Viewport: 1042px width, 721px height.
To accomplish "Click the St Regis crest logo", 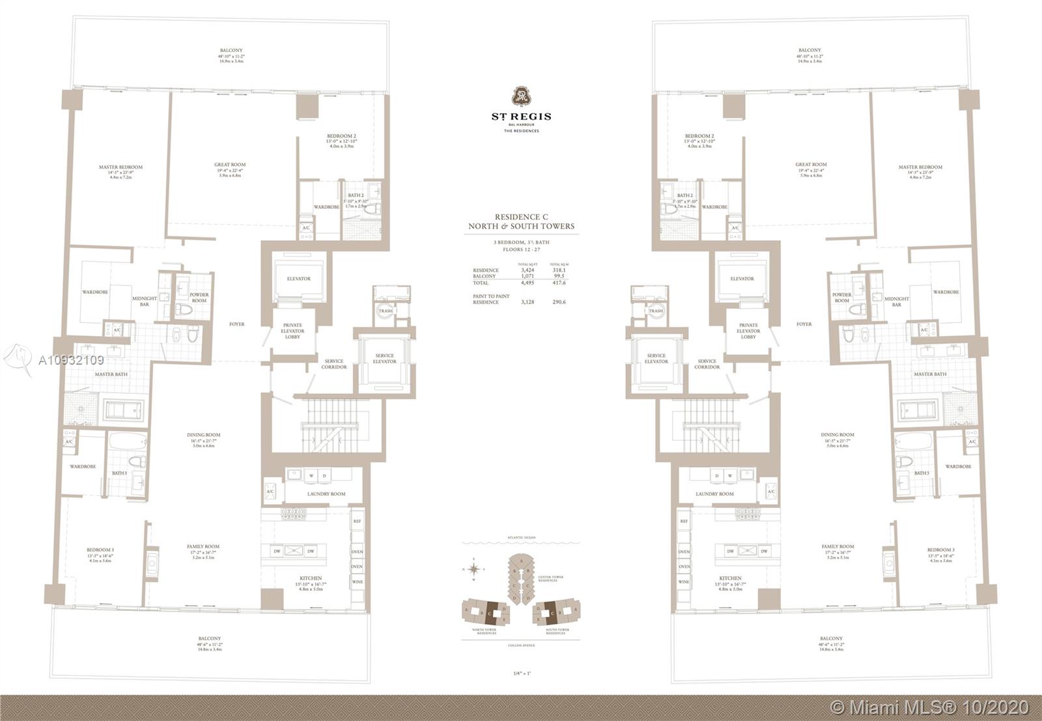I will [x=521, y=96].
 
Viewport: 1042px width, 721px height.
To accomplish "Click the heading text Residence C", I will [x=521, y=217].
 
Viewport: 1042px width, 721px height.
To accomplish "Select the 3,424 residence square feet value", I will [x=528, y=270].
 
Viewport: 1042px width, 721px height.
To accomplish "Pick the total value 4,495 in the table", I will [x=528, y=283].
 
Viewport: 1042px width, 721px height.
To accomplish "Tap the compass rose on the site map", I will [x=475, y=570].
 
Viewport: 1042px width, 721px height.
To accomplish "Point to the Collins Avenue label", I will [x=521, y=645].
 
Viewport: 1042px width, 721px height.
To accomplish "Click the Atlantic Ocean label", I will [x=521, y=537].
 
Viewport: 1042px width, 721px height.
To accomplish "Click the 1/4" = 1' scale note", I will [x=521, y=673].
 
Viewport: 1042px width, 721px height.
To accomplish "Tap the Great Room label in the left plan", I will [x=230, y=165].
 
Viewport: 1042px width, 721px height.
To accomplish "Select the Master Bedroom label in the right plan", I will [x=920, y=167].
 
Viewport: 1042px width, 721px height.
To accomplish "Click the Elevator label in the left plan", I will [x=299, y=279].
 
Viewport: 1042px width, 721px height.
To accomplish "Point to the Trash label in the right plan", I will [x=656, y=311].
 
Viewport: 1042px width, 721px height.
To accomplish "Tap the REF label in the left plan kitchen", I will [x=357, y=521].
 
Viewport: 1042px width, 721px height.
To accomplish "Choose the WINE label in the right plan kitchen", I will [x=684, y=582].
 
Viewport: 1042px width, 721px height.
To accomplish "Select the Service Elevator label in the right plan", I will [x=656, y=358].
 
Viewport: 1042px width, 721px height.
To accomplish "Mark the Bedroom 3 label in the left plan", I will [x=100, y=550].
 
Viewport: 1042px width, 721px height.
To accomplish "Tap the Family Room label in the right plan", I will [x=838, y=546].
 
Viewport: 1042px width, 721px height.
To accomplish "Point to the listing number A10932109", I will [x=71, y=360].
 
